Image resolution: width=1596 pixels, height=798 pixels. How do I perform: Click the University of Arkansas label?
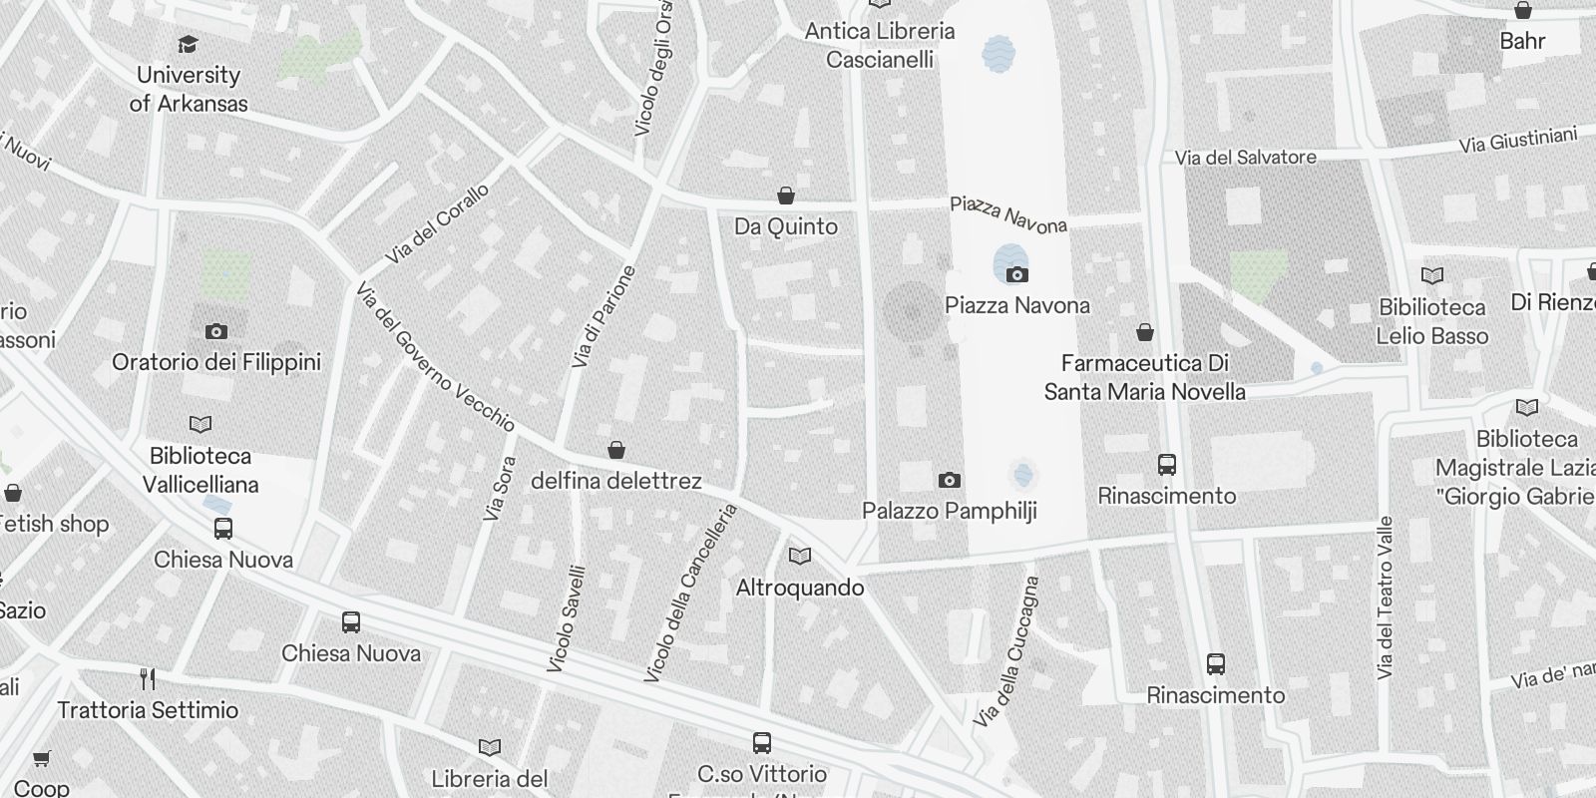tap(189, 89)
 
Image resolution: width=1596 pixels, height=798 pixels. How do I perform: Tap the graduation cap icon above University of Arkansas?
tap(188, 44)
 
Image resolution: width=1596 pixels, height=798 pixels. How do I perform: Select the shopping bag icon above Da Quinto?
tap(786, 196)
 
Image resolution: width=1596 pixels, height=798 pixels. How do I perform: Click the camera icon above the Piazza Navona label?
tap(1016, 274)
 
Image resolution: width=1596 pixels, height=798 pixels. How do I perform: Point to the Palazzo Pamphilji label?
tap(950, 511)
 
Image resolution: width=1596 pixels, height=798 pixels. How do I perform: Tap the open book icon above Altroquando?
tap(799, 557)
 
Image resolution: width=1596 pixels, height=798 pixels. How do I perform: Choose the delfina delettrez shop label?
tap(616, 481)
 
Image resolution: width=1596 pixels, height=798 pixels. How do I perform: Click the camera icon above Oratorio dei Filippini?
tap(216, 331)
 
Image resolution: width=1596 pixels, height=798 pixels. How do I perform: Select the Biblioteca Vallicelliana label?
tap(200, 470)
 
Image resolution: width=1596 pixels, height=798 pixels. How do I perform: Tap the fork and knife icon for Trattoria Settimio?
tap(148, 679)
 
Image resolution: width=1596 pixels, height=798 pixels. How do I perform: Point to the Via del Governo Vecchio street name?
tap(435, 358)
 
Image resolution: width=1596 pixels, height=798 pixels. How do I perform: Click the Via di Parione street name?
tap(602, 316)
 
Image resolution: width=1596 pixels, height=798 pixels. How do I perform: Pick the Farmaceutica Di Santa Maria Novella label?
tap(1145, 377)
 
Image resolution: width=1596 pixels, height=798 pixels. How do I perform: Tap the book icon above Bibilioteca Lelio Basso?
tap(1432, 275)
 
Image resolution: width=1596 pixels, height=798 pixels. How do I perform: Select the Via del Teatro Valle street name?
tap(1385, 598)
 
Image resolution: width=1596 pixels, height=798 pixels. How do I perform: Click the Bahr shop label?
tap(1522, 41)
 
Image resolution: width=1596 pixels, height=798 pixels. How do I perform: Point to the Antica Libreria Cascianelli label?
tap(880, 45)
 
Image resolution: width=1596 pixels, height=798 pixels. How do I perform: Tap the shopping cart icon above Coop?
tap(42, 759)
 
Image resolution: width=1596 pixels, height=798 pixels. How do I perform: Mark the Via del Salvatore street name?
tap(1245, 158)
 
